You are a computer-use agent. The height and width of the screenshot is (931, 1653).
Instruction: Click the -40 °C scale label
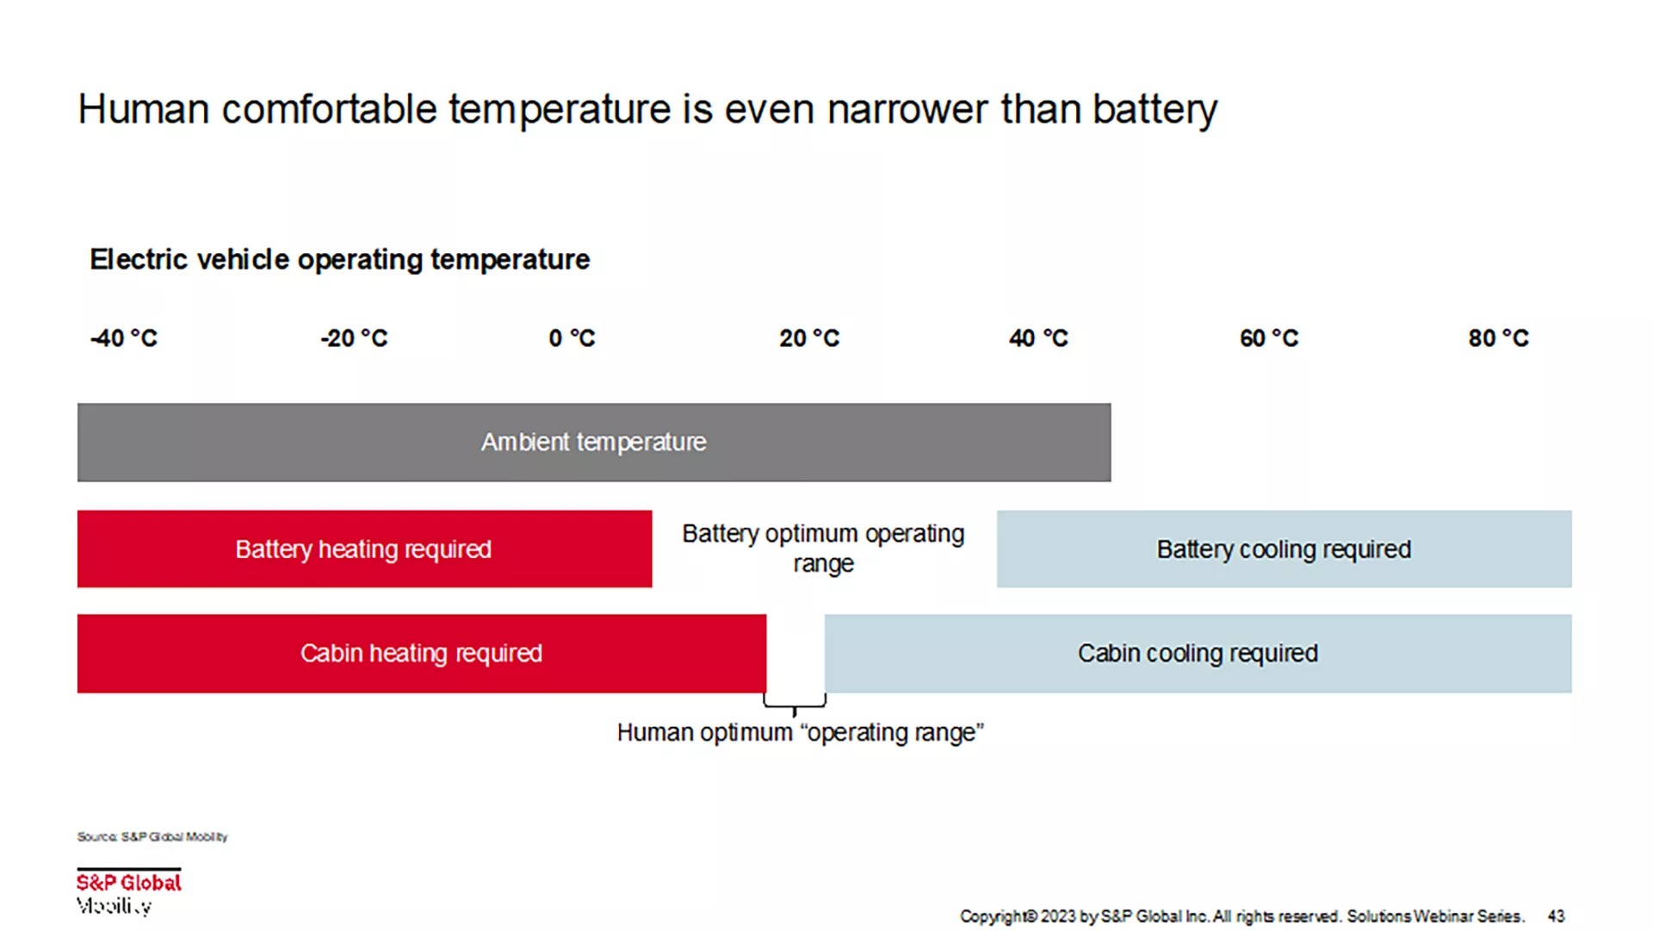pyautogui.click(x=124, y=338)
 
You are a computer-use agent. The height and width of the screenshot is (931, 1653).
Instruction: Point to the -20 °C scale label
pyautogui.click(x=354, y=338)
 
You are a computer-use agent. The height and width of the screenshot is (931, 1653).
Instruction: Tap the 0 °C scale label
pyautogui.click(x=572, y=338)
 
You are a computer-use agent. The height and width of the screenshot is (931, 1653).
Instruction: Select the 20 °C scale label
pyautogui.click(x=808, y=338)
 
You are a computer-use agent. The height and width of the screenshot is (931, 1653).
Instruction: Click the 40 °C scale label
pyautogui.click(x=1038, y=338)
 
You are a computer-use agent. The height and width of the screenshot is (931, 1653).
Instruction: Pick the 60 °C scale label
pyautogui.click(x=1268, y=338)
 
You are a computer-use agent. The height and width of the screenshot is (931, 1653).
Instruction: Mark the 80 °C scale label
pyautogui.click(x=1498, y=338)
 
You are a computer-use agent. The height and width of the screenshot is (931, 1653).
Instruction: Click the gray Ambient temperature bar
pyautogui.click(x=593, y=443)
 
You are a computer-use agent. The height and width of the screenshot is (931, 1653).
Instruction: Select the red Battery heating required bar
pyautogui.click(x=364, y=549)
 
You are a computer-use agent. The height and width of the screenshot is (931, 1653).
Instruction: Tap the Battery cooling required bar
pyautogui.click(x=1284, y=549)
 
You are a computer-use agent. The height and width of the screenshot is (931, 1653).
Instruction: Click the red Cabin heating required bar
pyautogui.click(x=421, y=654)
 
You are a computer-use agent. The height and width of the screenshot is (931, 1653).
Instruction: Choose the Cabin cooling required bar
pyautogui.click(x=1198, y=654)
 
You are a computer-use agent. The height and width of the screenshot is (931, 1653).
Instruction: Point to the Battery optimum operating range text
pyautogui.click(x=823, y=549)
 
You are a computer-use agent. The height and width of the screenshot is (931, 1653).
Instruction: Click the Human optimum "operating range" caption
pyautogui.click(x=800, y=733)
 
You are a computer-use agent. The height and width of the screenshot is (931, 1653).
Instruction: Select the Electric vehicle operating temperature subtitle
pyautogui.click(x=340, y=259)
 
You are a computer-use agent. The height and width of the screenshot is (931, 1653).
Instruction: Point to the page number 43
pyautogui.click(x=1556, y=916)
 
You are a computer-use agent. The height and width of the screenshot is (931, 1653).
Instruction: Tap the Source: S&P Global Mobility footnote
pyautogui.click(x=152, y=837)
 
